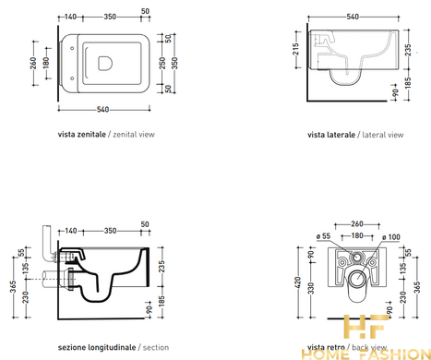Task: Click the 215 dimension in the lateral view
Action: click(295, 49)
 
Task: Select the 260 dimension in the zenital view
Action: click(33, 63)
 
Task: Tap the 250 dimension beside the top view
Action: click(162, 63)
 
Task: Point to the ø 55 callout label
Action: click(323, 236)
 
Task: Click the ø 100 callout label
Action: click(391, 237)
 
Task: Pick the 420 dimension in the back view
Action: click(297, 282)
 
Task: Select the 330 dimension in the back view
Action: click(311, 288)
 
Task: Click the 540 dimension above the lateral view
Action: click(353, 17)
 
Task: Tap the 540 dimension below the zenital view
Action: click(102, 110)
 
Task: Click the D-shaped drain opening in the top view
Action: click(105, 63)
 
